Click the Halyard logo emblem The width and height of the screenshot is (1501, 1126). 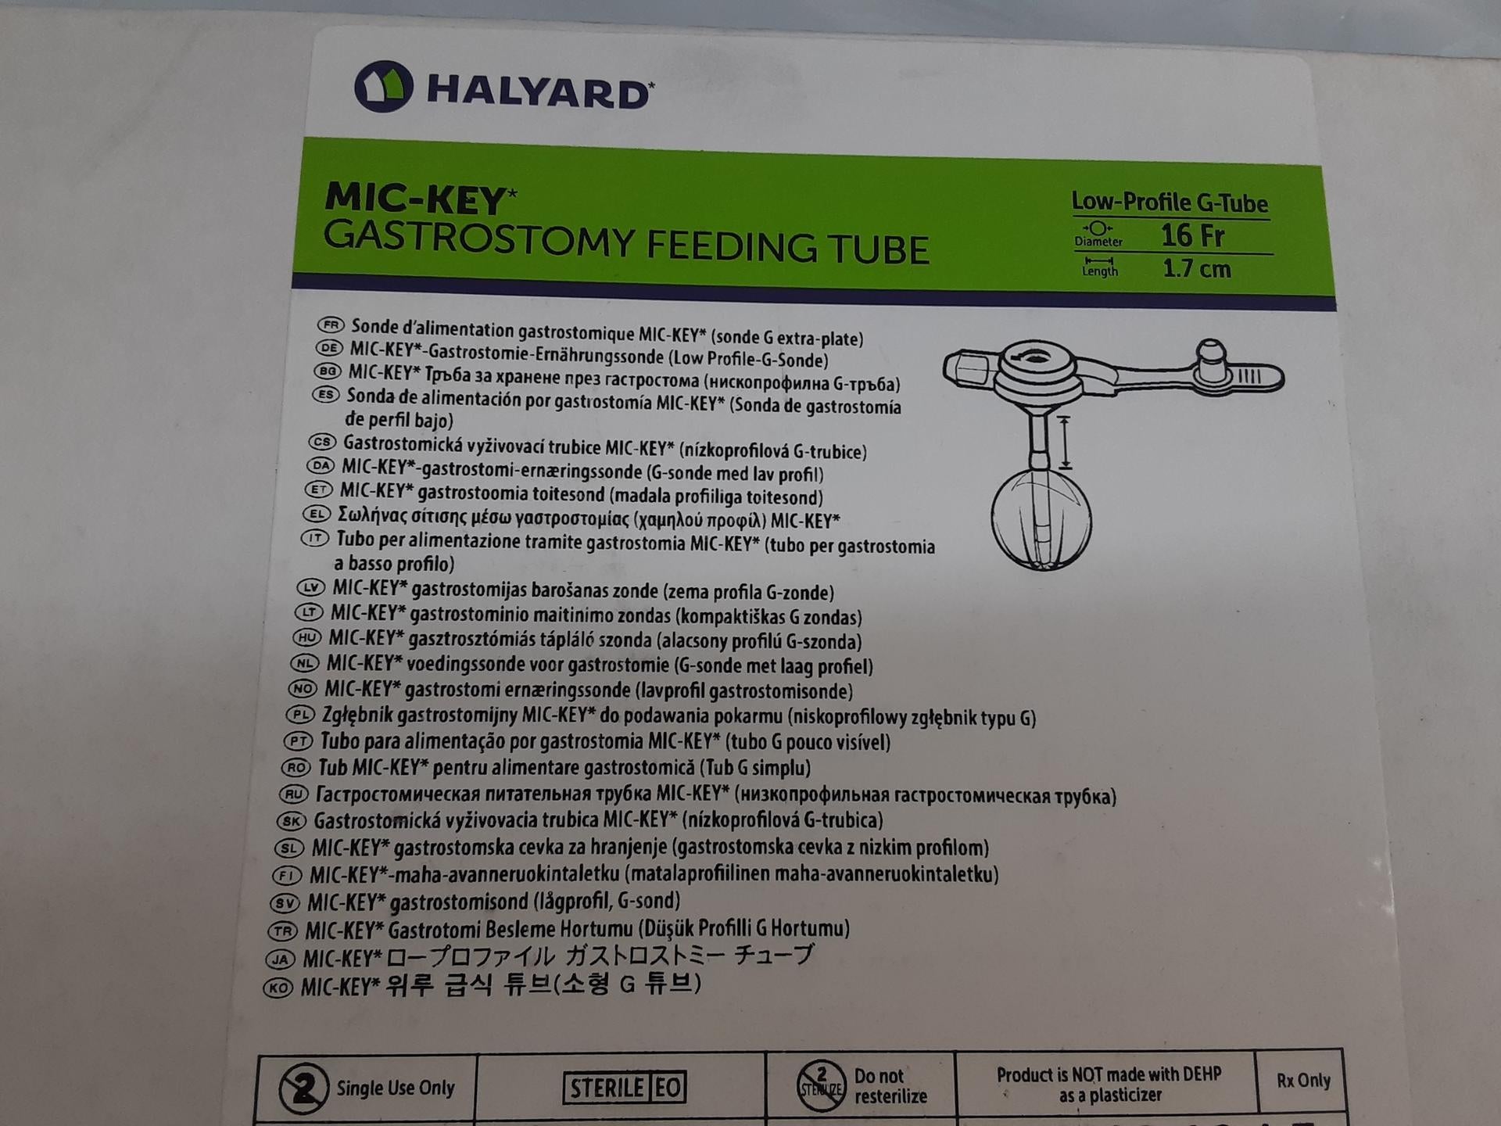click(384, 86)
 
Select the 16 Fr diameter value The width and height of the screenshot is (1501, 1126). click(1191, 235)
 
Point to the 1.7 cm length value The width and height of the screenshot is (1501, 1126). click(1196, 269)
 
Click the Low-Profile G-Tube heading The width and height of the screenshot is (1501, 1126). click(1170, 203)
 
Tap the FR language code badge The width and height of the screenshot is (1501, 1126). click(331, 325)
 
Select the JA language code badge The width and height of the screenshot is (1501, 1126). click(279, 959)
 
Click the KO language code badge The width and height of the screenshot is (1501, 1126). click(278, 988)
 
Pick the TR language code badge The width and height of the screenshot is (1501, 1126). click(282, 931)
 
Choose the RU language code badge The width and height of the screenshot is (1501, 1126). click(293, 794)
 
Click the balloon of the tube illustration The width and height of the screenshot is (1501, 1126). click(1041, 519)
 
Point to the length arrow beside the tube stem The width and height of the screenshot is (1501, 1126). click(1064, 443)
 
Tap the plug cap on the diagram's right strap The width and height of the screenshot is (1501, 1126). click(1211, 360)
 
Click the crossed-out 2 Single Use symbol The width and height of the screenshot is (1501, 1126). click(303, 1088)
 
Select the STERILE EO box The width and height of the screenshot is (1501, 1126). click(625, 1088)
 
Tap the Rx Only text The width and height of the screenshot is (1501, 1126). click(1303, 1081)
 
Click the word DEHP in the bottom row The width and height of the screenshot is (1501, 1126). click(1202, 1074)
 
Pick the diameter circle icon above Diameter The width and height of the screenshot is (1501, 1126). click(1098, 228)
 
